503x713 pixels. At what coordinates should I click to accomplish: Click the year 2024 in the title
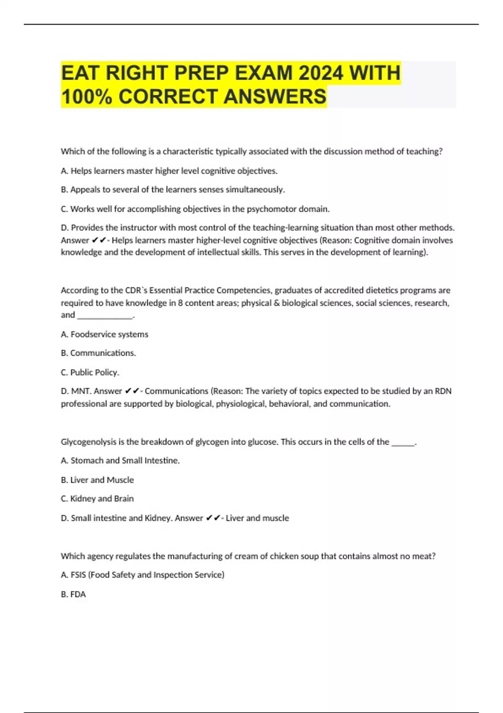(321, 73)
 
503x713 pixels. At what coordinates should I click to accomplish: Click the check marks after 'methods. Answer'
(99, 240)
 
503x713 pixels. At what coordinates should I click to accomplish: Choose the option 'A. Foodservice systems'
(104, 334)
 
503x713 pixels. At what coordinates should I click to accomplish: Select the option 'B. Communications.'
(98, 353)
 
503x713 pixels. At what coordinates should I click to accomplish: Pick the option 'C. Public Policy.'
(90, 372)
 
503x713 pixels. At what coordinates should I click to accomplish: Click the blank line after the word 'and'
(105, 315)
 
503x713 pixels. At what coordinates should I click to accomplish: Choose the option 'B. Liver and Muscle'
(97, 480)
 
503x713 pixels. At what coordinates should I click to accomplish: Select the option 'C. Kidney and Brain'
(97, 499)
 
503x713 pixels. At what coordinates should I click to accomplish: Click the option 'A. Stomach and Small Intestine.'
(120, 461)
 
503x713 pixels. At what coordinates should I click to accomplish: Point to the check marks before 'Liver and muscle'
(213, 518)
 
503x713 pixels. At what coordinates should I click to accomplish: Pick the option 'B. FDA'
(73, 594)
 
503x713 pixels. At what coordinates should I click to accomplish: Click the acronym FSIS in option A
(78, 575)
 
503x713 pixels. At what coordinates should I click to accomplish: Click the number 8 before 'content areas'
(180, 303)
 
